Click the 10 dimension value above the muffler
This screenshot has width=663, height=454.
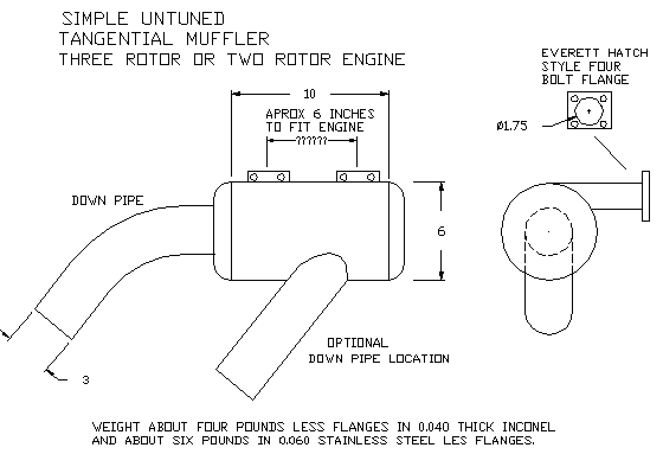tap(310, 94)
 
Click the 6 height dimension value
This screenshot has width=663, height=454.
tap(441, 231)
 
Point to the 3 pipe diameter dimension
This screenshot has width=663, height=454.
tap(86, 380)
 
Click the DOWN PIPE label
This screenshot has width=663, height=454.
tap(107, 201)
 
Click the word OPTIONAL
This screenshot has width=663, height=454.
tap(358, 343)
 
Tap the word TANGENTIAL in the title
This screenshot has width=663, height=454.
tap(115, 39)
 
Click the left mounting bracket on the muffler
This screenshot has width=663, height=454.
tap(268, 177)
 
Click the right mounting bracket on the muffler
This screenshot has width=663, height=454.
tap(358, 177)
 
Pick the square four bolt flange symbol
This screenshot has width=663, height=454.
tap(590, 111)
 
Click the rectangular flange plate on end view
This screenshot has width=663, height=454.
tap(645, 196)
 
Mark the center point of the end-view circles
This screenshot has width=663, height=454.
tap(549, 231)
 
